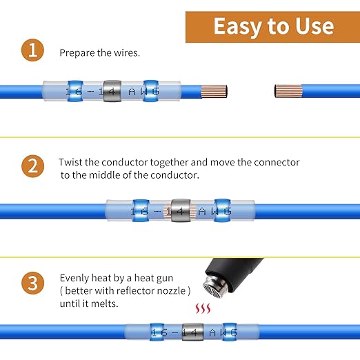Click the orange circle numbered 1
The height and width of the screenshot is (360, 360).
tap(30, 52)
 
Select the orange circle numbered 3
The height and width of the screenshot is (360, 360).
tap(30, 283)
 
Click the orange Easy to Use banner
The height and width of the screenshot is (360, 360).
tap(273, 26)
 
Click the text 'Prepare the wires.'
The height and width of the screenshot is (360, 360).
tap(99, 52)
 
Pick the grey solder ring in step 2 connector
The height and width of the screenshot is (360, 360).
tap(180, 210)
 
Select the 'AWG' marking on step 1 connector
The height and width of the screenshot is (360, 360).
tap(150, 90)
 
